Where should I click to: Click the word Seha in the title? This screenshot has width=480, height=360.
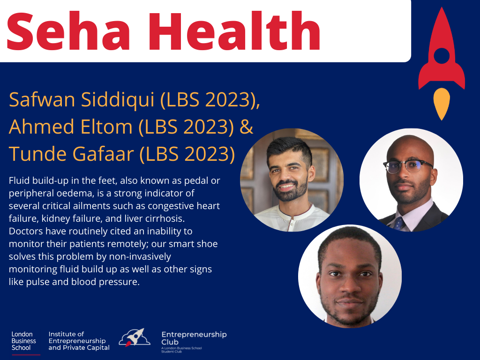[x=68, y=30]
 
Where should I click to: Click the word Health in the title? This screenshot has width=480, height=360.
[x=235, y=30]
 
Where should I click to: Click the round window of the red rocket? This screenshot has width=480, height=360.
[x=442, y=56]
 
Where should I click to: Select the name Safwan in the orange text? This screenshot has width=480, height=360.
[x=42, y=99]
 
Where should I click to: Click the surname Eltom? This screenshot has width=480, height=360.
[x=106, y=127]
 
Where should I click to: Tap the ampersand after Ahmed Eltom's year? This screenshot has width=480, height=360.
[x=247, y=127]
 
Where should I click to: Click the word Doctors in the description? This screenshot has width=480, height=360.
[x=26, y=231]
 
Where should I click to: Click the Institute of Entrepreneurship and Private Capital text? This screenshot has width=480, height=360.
[x=79, y=341]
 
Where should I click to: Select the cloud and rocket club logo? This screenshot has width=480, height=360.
[x=135, y=337]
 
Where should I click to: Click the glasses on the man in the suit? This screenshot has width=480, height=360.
[x=408, y=165]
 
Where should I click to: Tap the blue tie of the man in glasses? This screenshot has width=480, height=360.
[x=398, y=224]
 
